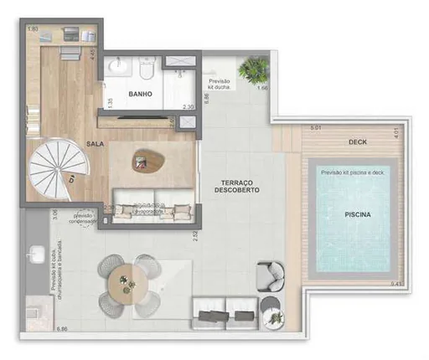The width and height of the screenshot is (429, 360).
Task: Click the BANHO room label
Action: coord(140,95)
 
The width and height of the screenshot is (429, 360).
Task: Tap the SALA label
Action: coord(95,144)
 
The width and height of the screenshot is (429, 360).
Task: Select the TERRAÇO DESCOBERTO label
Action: coord(240,186)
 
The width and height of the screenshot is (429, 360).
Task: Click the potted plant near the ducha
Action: coord(251,67)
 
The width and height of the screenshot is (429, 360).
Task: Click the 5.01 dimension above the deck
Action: coord(316,128)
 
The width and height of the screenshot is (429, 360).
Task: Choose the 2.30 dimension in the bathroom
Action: coord(189,106)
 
